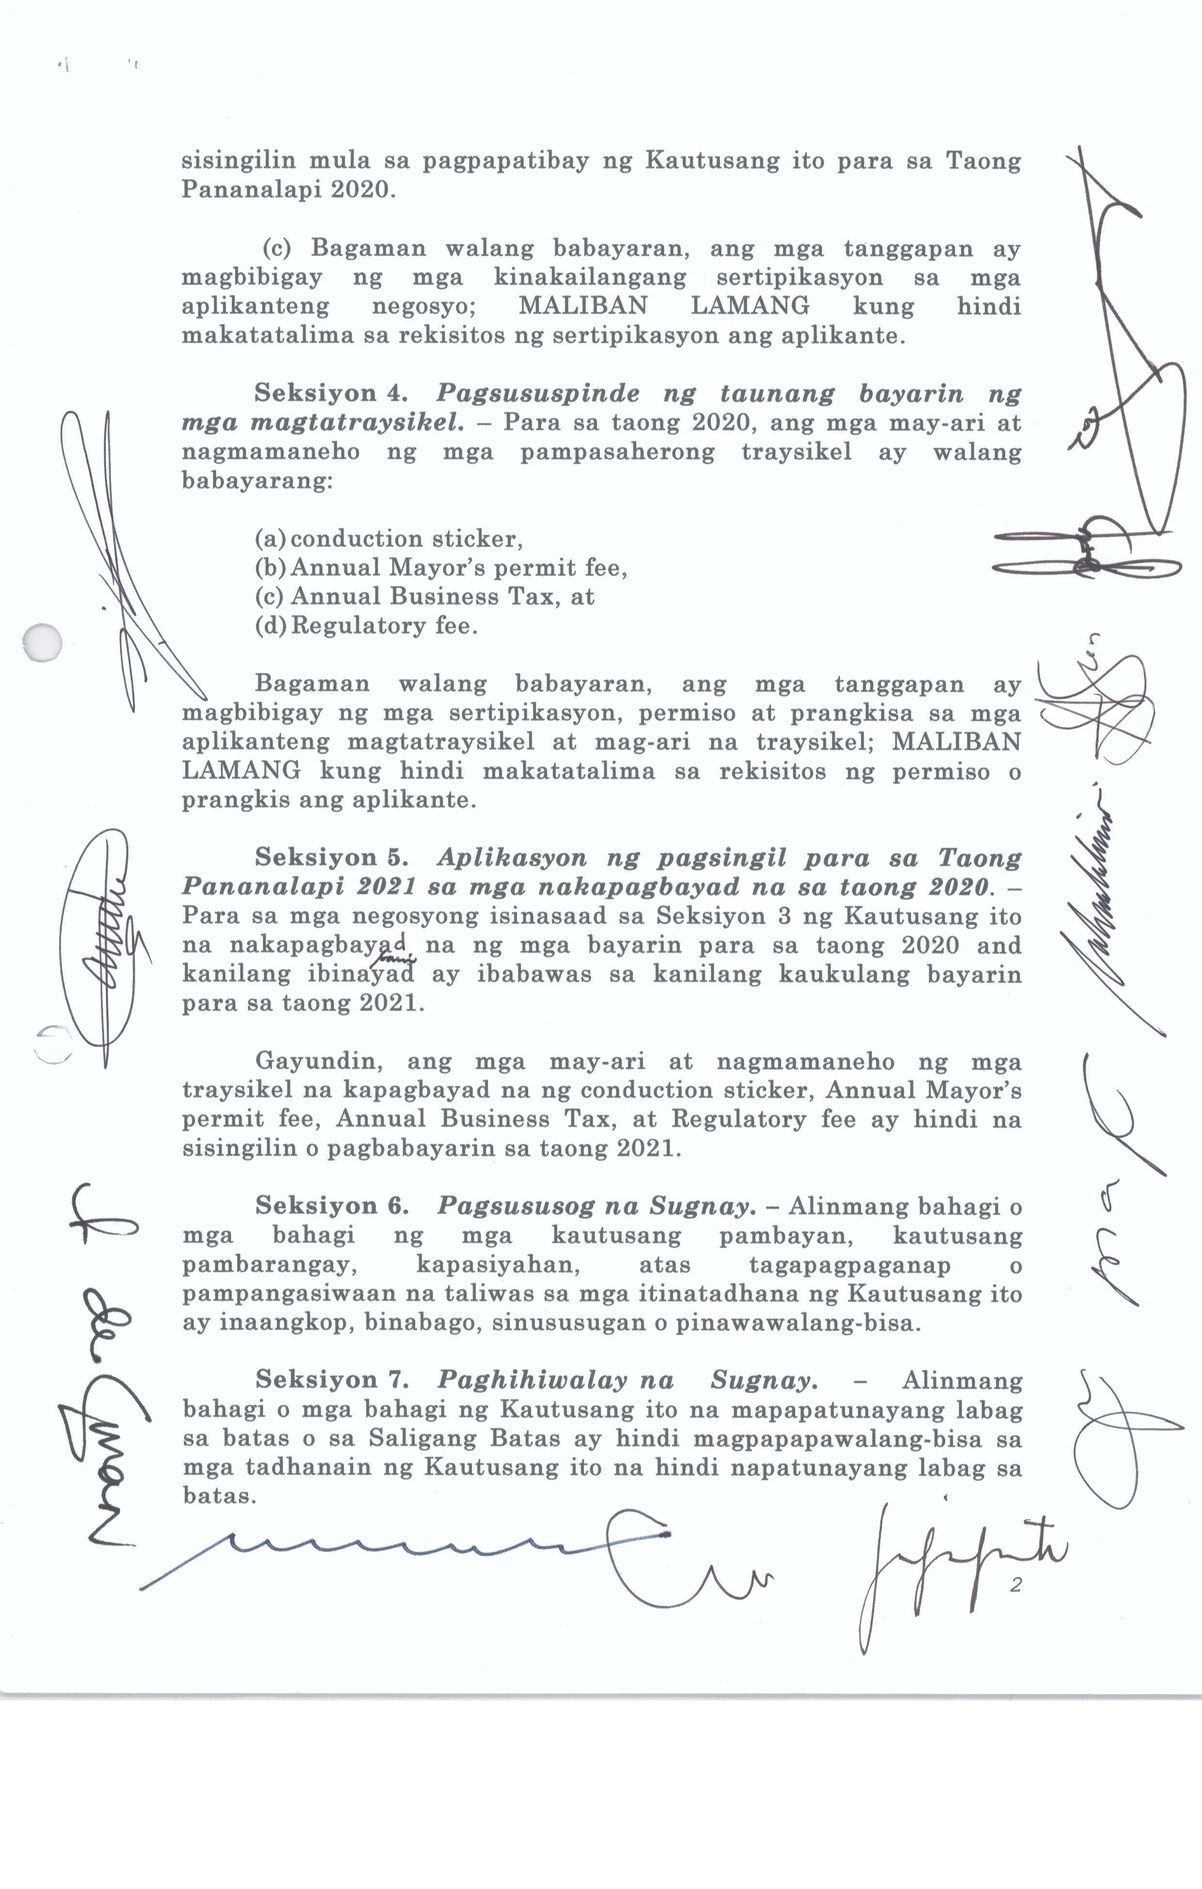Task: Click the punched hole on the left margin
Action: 42,642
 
